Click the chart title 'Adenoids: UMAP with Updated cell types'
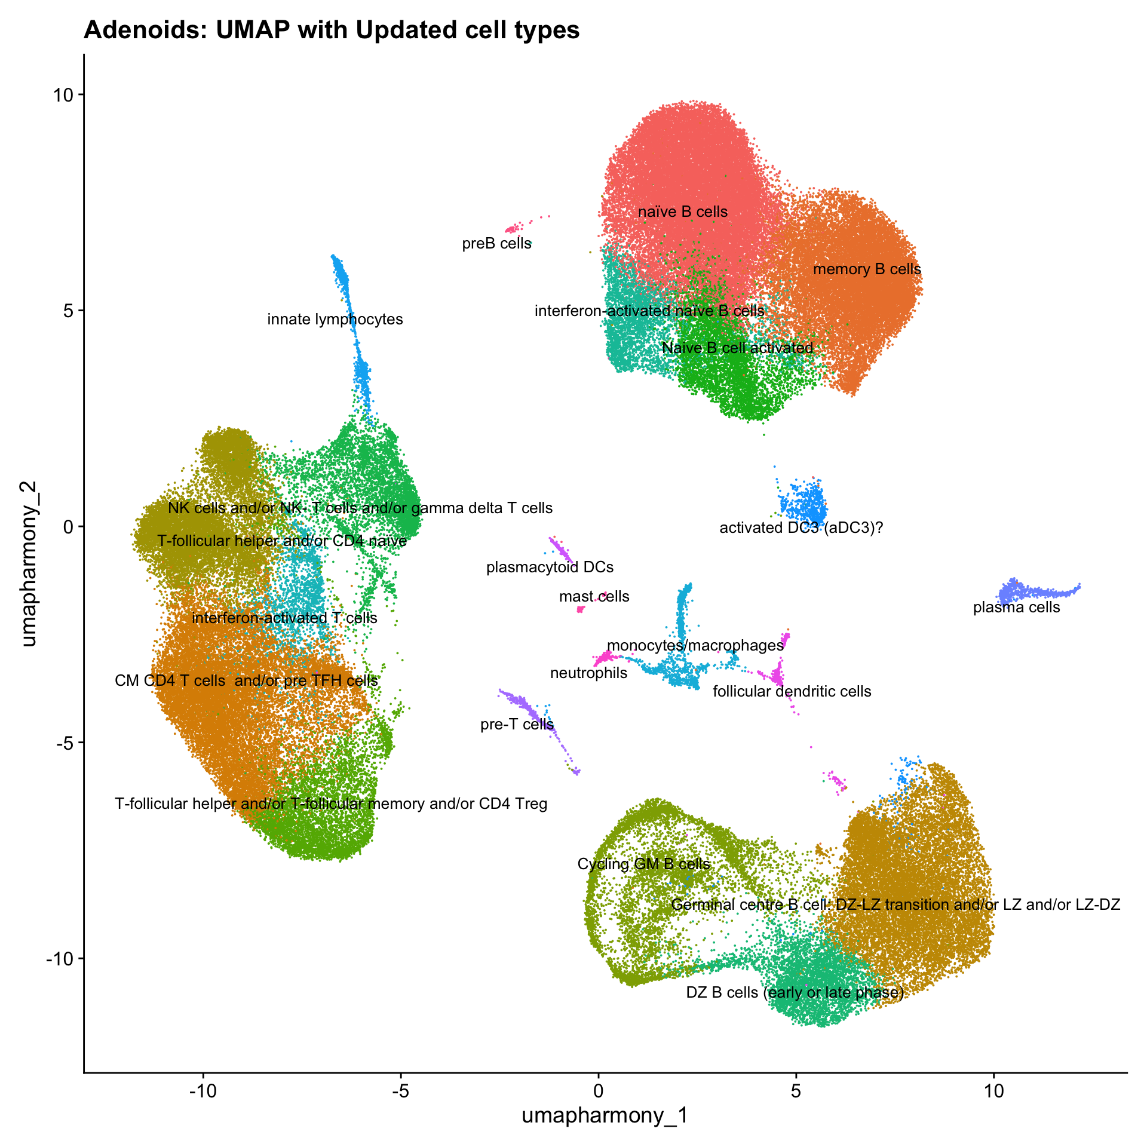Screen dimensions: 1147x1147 (332, 30)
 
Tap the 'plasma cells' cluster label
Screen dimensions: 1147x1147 (1016, 608)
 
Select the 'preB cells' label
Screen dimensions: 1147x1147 (496, 244)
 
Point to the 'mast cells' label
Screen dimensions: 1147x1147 (594, 596)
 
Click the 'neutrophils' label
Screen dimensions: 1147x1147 (588, 673)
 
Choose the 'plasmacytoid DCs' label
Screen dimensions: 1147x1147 (550, 567)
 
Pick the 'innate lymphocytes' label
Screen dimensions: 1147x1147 (335, 320)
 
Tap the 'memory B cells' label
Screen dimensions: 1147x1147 (867, 269)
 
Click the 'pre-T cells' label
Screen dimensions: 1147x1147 (517, 725)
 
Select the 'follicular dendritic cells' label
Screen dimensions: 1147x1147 (792, 692)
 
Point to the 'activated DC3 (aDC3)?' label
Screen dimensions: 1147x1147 (801, 528)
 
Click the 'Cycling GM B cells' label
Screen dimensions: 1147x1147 (643, 864)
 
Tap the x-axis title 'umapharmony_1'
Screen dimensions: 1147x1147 (605, 1115)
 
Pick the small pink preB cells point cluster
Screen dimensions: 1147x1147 (513, 229)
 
